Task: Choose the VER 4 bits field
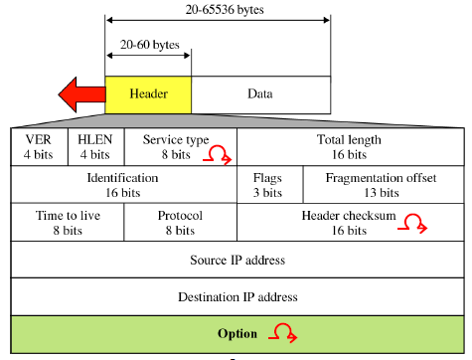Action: [x=39, y=146]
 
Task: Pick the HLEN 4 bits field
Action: [x=95, y=146]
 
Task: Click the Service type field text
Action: [x=176, y=140]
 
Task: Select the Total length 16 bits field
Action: [x=348, y=146]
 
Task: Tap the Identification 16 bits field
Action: [x=122, y=184]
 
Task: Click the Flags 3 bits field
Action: [x=266, y=184]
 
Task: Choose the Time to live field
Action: [x=67, y=222]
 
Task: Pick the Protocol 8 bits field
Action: [x=180, y=222]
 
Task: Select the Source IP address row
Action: [x=236, y=260]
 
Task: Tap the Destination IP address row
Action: [x=236, y=296]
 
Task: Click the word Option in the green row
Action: [x=237, y=333]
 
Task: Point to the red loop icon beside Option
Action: [x=283, y=332]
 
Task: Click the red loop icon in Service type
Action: [x=219, y=154]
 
